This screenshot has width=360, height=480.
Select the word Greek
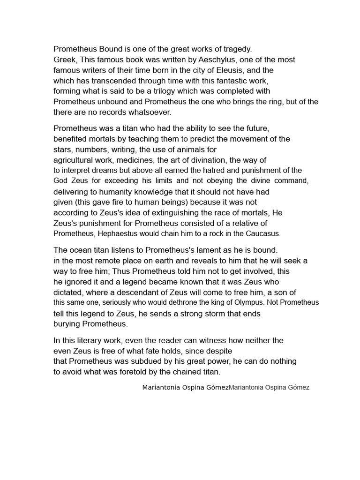coord(63,60)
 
